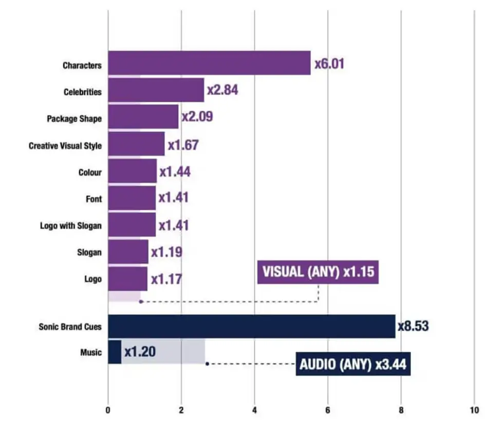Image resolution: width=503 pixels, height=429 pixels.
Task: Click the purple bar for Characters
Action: click(x=209, y=63)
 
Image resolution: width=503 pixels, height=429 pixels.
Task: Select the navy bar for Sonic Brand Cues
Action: click(x=251, y=326)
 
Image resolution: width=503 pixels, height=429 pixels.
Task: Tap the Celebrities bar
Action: click(x=156, y=90)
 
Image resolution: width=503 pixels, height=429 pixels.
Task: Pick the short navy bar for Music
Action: click(x=115, y=352)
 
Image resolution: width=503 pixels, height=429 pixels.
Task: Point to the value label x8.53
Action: click(x=413, y=326)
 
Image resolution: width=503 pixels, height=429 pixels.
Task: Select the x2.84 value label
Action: click(x=222, y=90)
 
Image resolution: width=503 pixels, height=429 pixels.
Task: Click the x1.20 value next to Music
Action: click(x=140, y=352)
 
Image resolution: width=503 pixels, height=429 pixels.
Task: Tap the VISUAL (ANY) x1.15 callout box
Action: click(x=318, y=272)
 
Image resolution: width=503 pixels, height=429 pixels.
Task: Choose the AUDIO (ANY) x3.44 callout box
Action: click(x=353, y=365)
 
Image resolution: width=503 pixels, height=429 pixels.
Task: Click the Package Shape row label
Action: click(x=74, y=119)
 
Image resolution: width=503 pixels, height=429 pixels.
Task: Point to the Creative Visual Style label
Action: click(x=65, y=146)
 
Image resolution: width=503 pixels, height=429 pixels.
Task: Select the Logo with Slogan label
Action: click(x=71, y=226)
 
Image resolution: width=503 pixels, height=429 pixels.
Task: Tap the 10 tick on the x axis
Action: click(x=474, y=410)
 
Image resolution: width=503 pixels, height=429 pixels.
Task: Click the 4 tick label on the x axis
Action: click(x=254, y=410)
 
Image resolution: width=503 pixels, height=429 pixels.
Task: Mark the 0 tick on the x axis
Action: click(x=108, y=410)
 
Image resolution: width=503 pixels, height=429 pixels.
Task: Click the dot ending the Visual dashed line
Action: click(x=141, y=302)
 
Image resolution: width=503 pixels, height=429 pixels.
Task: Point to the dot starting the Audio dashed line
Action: click(x=207, y=364)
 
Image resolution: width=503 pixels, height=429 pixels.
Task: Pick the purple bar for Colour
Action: click(x=132, y=171)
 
